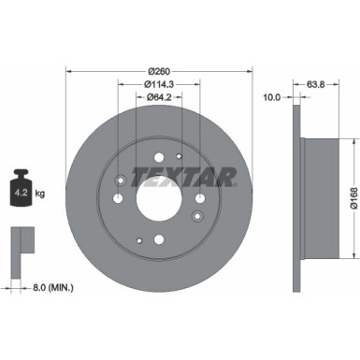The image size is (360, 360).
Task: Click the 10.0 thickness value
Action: click(x=273, y=95)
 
